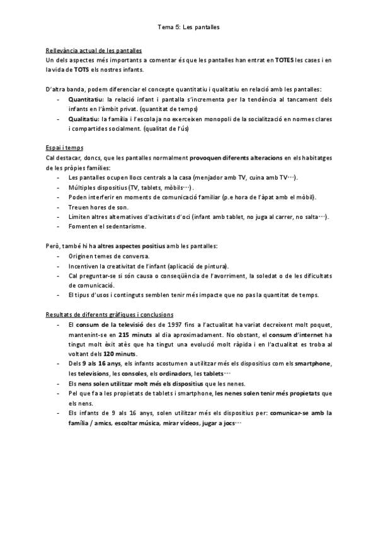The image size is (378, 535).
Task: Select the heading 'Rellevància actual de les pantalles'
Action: coord(94,50)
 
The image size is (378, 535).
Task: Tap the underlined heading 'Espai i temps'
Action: coord(65,148)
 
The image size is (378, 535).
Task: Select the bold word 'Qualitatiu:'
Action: coord(84,119)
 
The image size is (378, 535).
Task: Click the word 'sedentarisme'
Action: coord(115,226)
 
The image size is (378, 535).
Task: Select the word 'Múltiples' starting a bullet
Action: coord(82,187)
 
